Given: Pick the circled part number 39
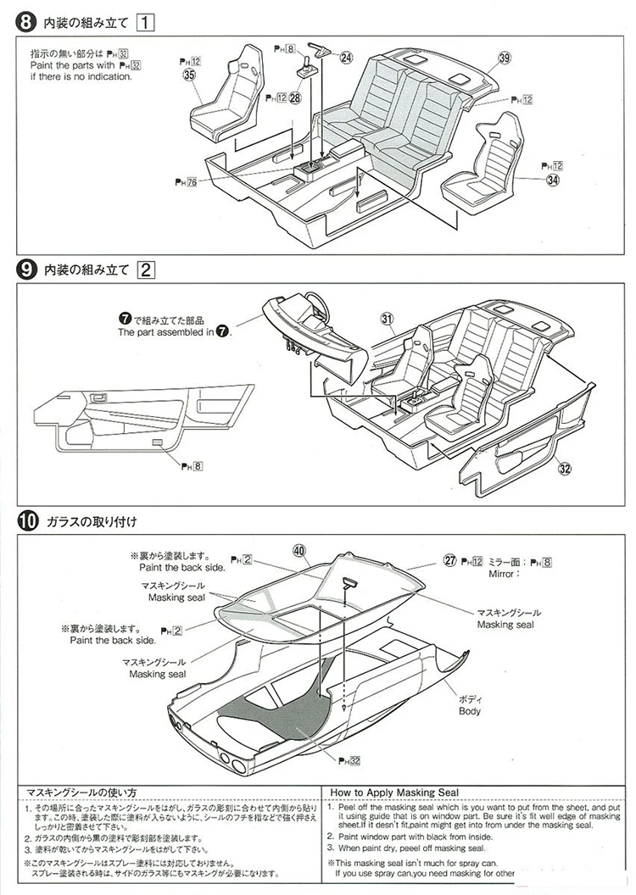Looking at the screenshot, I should click(505, 58).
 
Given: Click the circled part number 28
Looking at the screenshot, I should click(294, 98).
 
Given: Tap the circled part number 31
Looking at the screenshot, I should click(388, 320).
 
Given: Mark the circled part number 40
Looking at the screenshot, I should click(298, 550).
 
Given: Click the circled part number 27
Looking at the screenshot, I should click(450, 560).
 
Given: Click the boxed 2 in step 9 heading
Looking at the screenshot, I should click(146, 270).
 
